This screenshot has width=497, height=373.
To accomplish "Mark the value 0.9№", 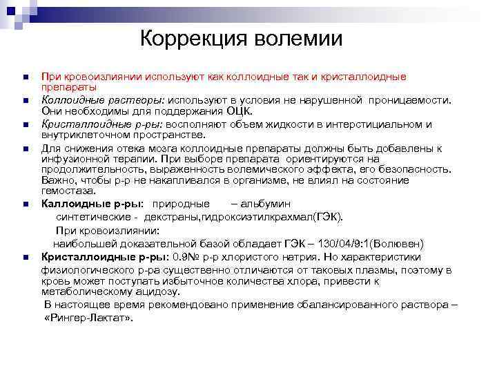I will click(187, 257).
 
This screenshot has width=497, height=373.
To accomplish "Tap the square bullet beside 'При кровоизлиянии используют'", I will click(24, 77).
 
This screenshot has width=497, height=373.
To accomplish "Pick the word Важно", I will click(58, 180).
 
